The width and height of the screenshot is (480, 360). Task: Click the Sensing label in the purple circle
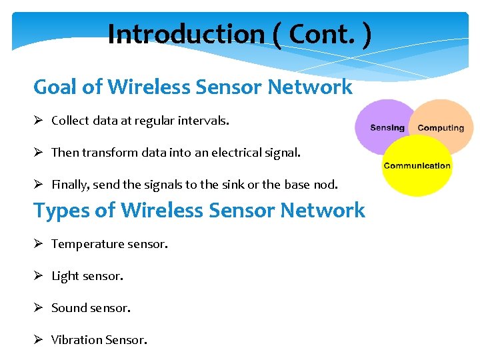tap(387, 127)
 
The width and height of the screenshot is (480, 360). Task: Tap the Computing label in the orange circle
tap(441, 127)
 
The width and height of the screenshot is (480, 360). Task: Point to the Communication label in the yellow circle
tap(417, 166)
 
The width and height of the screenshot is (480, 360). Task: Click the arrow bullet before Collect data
tap(39, 121)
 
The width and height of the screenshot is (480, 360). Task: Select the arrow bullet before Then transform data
tap(39, 153)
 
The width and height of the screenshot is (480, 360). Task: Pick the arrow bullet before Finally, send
tap(39, 185)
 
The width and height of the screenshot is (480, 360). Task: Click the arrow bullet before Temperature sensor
tap(39, 244)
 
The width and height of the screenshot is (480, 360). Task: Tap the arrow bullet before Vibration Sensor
tap(39, 340)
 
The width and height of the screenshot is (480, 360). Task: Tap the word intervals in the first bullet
tap(206, 121)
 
